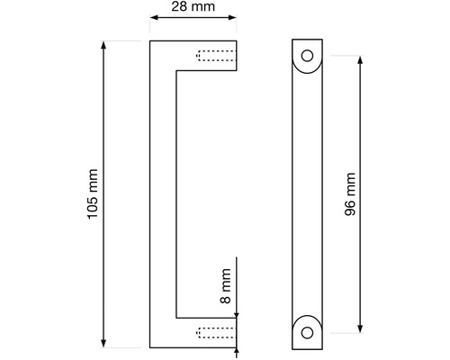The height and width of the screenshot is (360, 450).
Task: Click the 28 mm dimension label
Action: pos(193,6)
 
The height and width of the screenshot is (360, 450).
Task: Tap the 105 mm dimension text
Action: pos(93,194)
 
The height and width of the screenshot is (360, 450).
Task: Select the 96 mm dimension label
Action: pos(350,194)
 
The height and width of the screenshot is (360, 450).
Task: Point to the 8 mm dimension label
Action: pos(226,286)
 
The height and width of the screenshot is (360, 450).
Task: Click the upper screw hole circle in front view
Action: pos(307,56)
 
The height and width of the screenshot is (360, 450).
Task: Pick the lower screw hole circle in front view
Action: pos(307,332)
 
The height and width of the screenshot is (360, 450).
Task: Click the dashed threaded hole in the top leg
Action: pos(216,56)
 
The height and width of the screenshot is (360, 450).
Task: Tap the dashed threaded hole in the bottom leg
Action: pos(216,333)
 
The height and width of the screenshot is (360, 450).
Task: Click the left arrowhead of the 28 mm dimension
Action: pos(154,17)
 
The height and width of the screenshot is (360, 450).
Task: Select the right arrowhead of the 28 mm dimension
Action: pos(232,17)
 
